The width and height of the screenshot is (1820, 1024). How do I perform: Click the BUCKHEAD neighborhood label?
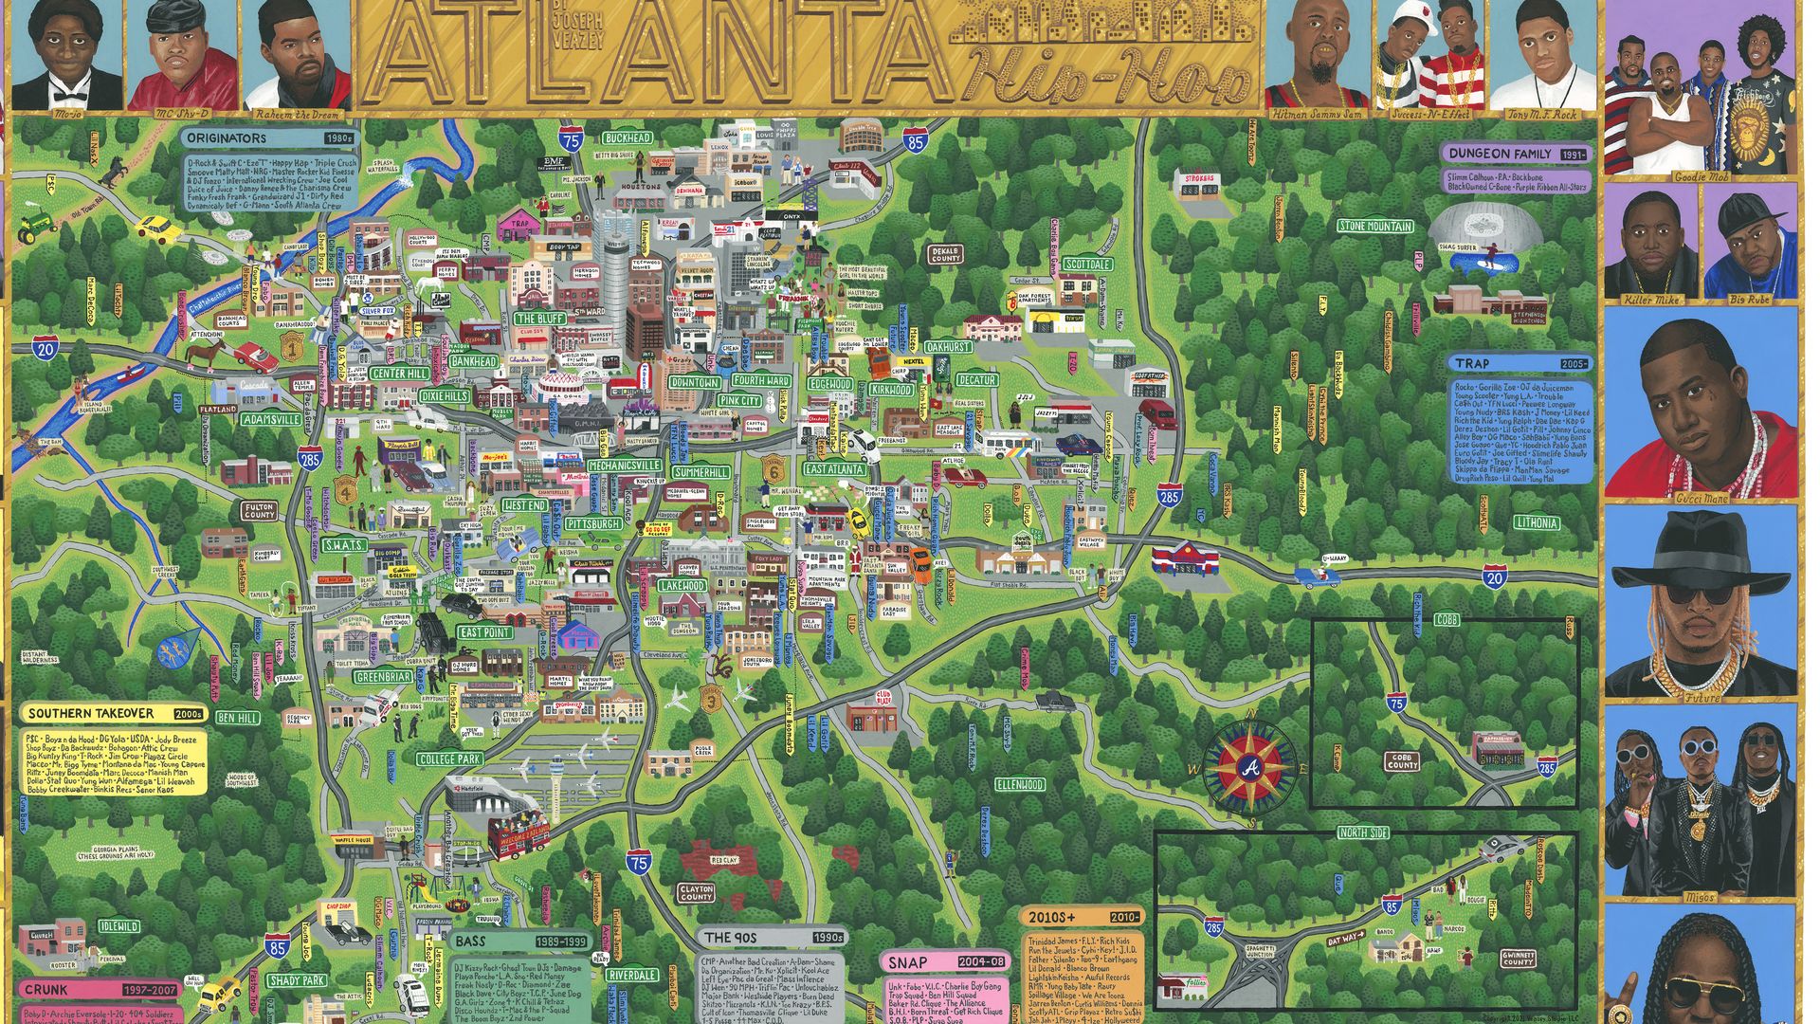pyautogui.click(x=628, y=137)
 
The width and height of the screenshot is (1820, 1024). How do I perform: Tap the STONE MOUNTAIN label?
pyautogui.click(x=1375, y=226)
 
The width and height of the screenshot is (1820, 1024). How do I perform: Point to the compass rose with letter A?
pyautogui.click(x=1249, y=766)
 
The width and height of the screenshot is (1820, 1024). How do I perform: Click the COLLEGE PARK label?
pyautogui.click(x=449, y=759)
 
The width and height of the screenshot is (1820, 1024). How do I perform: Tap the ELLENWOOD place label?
pyautogui.click(x=1020, y=785)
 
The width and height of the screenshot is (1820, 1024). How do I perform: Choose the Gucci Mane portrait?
pyautogui.click(x=1701, y=408)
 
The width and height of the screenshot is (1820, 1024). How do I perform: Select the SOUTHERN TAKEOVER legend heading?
pyautogui.click(x=91, y=713)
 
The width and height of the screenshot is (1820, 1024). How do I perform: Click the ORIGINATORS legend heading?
pyautogui.click(x=227, y=138)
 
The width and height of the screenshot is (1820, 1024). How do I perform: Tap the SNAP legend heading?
pyautogui.click(x=907, y=962)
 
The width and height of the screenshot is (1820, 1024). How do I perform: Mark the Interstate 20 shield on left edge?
pyautogui.click(x=45, y=349)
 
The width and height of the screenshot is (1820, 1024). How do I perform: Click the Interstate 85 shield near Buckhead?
pyautogui.click(x=914, y=142)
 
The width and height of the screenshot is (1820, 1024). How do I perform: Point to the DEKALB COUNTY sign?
pyautogui.click(x=945, y=254)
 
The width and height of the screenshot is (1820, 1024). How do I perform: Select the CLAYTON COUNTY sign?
pyautogui.click(x=696, y=892)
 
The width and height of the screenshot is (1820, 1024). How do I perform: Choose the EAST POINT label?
pyautogui.click(x=485, y=632)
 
